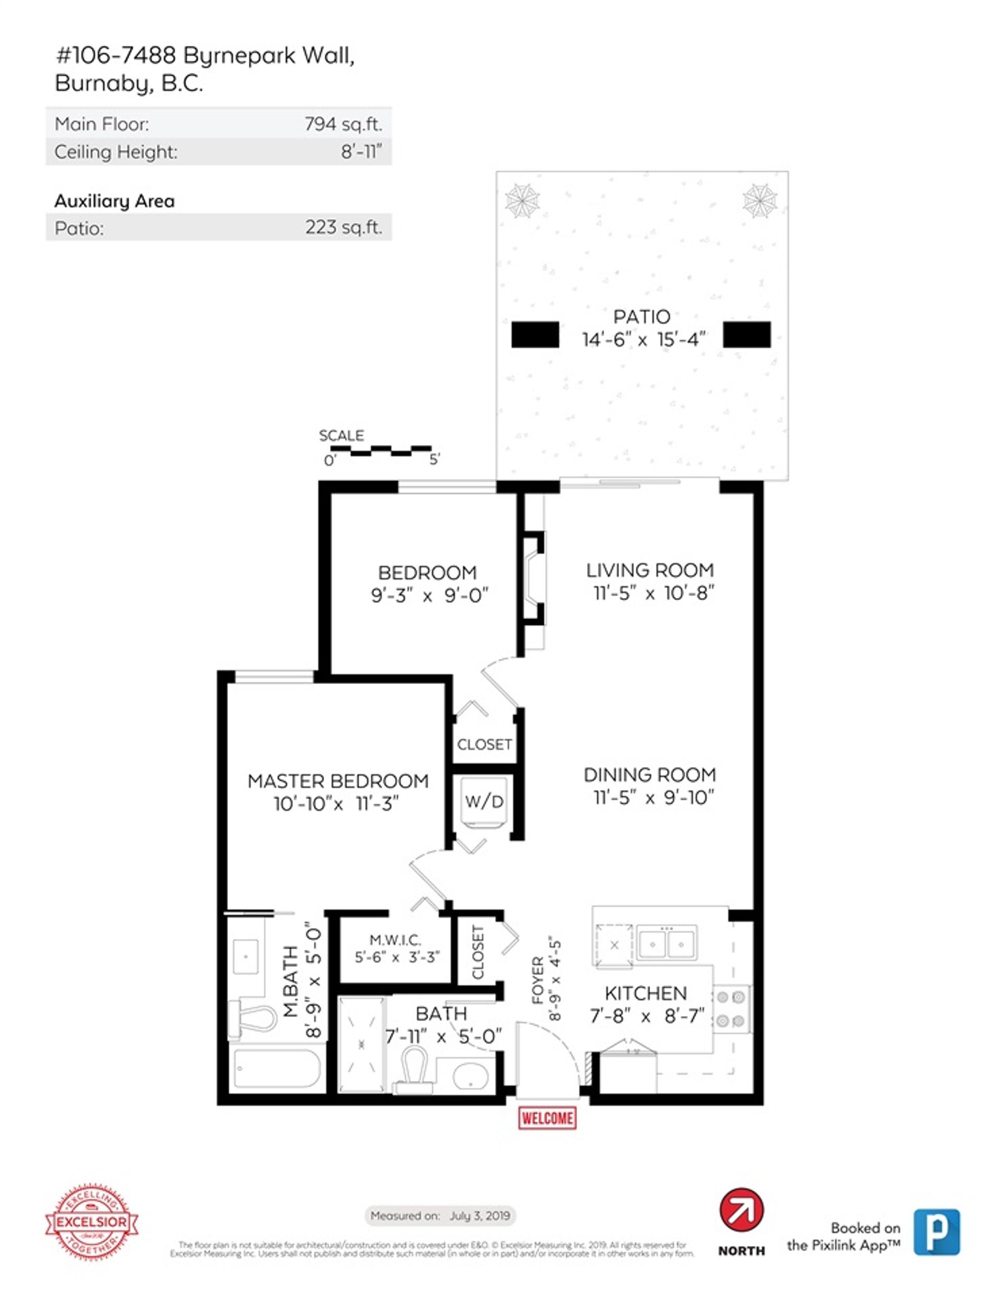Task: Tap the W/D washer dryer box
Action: click(485, 802)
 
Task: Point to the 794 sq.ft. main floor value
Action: click(343, 124)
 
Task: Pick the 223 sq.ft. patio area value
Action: click(343, 227)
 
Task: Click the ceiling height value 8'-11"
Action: click(361, 152)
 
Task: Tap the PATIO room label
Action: click(641, 316)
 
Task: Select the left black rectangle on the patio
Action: click(535, 334)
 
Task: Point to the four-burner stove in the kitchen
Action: click(732, 1009)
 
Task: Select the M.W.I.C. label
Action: click(395, 940)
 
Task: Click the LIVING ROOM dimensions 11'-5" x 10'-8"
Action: click(653, 593)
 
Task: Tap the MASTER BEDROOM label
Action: click(338, 781)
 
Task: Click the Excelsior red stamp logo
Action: click(92, 1223)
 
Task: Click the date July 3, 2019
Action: click(480, 1215)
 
